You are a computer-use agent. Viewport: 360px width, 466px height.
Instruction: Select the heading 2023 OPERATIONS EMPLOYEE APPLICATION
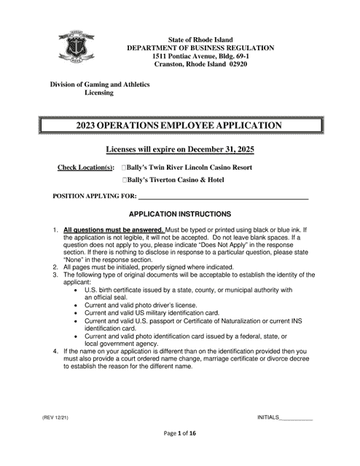tap(179, 126)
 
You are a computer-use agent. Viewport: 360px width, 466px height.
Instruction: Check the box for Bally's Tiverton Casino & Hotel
tap(125, 180)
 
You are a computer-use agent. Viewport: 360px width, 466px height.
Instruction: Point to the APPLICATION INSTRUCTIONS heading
tap(179, 215)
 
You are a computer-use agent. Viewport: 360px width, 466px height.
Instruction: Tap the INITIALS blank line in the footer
tap(297, 417)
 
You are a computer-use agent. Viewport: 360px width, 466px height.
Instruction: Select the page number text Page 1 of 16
tap(179, 453)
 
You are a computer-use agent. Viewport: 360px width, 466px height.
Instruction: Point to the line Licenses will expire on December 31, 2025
tap(180, 149)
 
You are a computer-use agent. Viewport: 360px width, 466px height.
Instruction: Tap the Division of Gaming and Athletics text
tap(99, 84)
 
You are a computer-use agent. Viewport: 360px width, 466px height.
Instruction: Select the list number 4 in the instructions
tap(55, 351)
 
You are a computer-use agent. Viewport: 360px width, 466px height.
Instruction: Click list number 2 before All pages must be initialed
tap(55, 266)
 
